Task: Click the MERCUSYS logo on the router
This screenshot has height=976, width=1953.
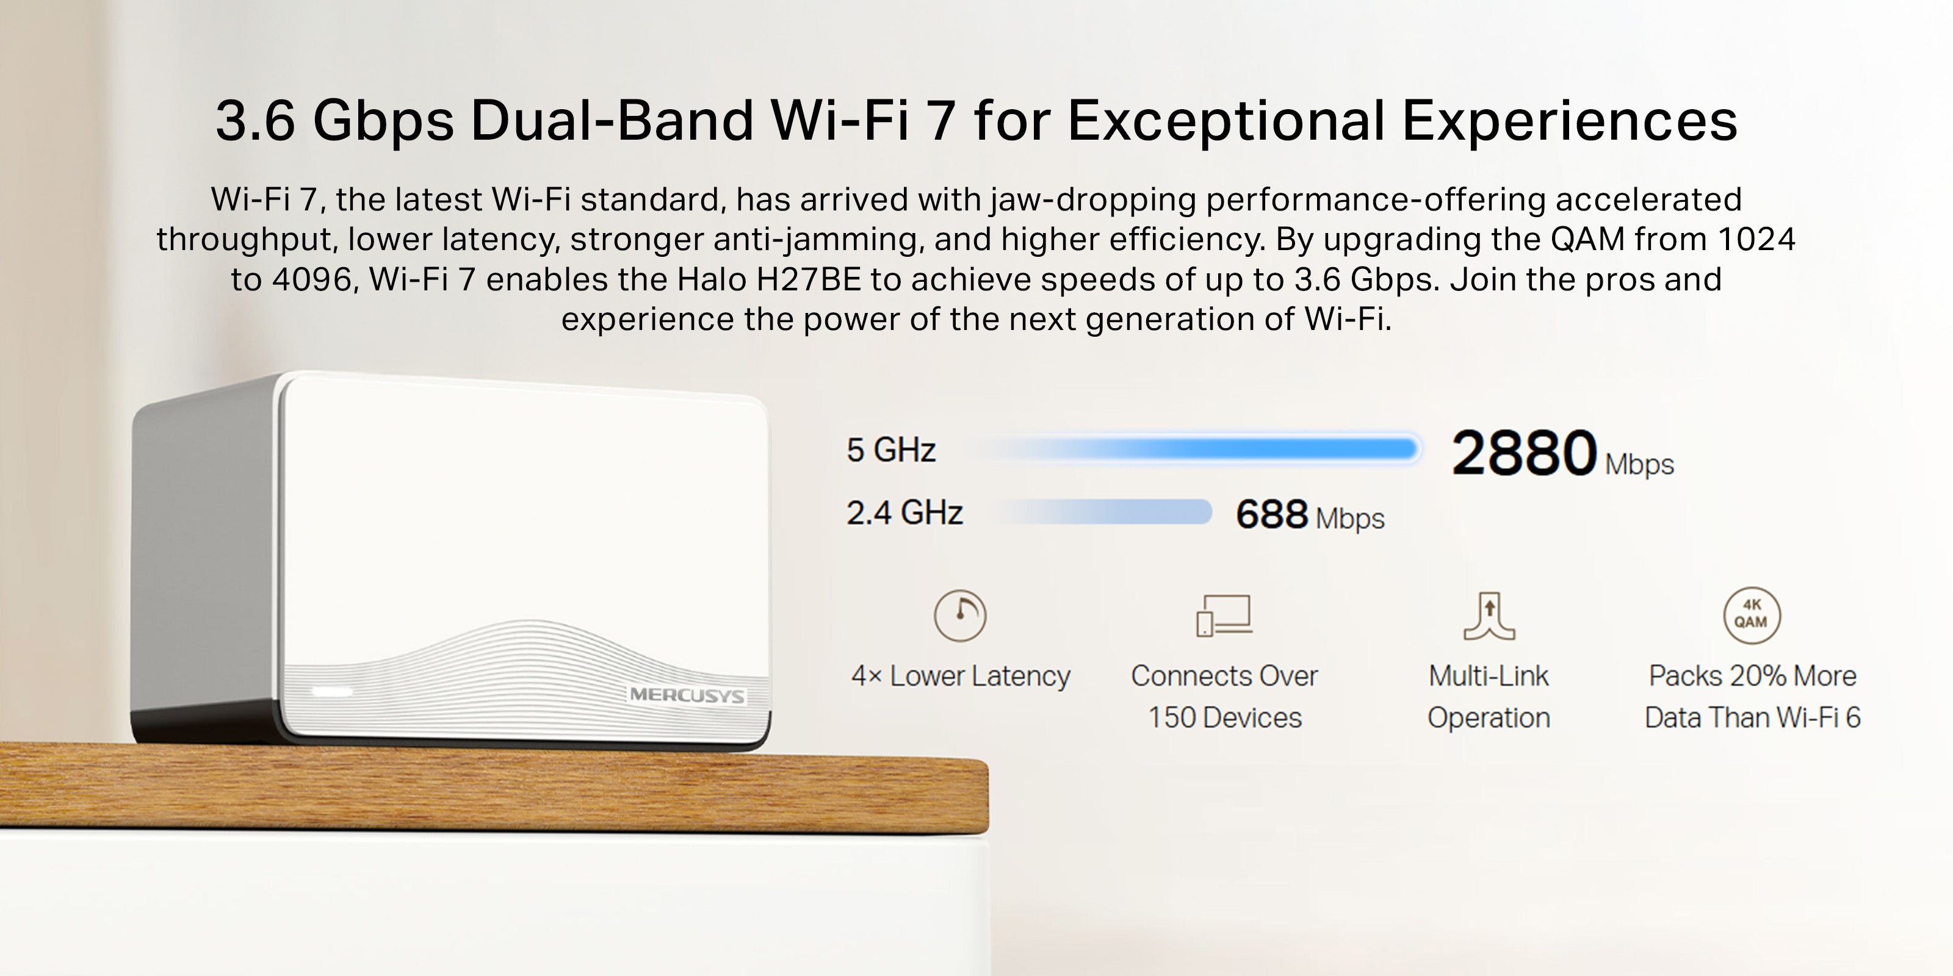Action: pyautogui.click(x=687, y=695)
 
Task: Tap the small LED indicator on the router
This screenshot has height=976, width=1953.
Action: pyautogui.click(x=332, y=691)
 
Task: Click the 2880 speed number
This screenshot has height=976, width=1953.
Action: pyautogui.click(x=1524, y=453)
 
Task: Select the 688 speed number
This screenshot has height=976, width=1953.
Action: pyautogui.click(x=1271, y=514)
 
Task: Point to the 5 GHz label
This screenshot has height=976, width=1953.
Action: pyautogui.click(x=891, y=450)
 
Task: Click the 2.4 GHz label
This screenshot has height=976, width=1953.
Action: pyautogui.click(x=904, y=513)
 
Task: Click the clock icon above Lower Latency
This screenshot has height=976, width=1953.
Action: pyautogui.click(x=960, y=615)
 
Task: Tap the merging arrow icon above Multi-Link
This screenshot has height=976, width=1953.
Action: pyautogui.click(x=1489, y=616)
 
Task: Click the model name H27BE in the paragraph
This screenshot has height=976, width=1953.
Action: pyautogui.click(x=809, y=279)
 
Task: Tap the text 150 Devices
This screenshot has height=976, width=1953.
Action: pyautogui.click(x=1224, y=717)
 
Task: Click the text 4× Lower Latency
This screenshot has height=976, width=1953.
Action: pyautogui.click(x=961, y=676)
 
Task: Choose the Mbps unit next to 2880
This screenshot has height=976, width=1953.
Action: pyautogui.click(x=1639, y=464)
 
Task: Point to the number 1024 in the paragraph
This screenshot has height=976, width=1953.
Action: pyautogui.click(x=1756, y=240)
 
